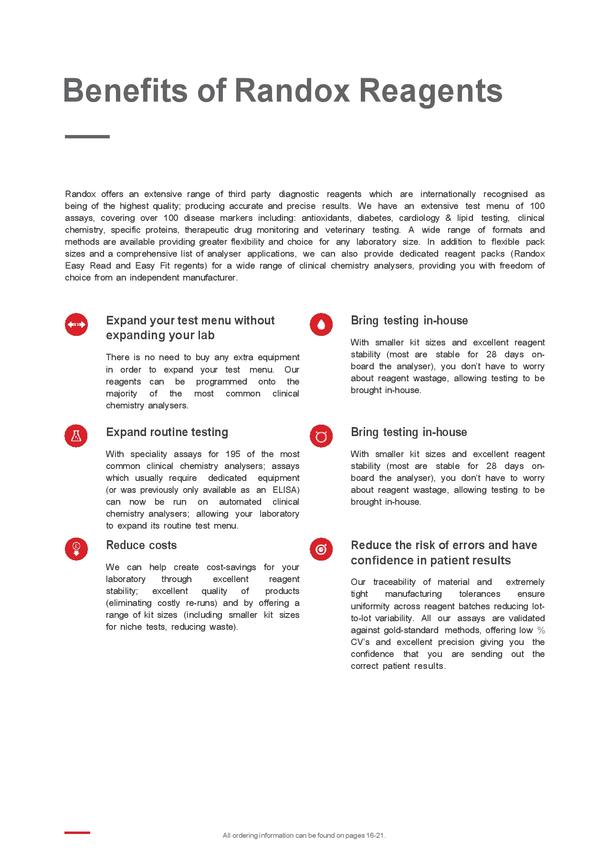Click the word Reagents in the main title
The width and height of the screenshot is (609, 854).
click(430, 91)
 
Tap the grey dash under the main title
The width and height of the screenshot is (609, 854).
click(87, 137)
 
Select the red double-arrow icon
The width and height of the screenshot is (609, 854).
click(76, 324)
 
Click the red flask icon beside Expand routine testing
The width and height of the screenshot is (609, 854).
click(76, 436)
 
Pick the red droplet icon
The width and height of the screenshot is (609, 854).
click(321, 324)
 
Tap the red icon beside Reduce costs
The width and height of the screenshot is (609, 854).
click(76, 549)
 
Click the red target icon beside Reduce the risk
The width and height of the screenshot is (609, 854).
click(321, 549)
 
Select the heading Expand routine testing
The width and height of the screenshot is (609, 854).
click(167, 432)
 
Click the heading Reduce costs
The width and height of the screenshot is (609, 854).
click(141, 545)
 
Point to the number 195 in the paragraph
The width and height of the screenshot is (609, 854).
click(233, 454)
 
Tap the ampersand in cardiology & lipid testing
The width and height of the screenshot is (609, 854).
click(448, 218)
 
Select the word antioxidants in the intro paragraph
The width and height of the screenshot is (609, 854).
click(326, 218)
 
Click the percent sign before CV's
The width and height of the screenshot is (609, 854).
click(541, 630)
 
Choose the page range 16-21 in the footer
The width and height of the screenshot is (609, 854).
click(375, 835)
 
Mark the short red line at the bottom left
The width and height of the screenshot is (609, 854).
click(77, 833)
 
